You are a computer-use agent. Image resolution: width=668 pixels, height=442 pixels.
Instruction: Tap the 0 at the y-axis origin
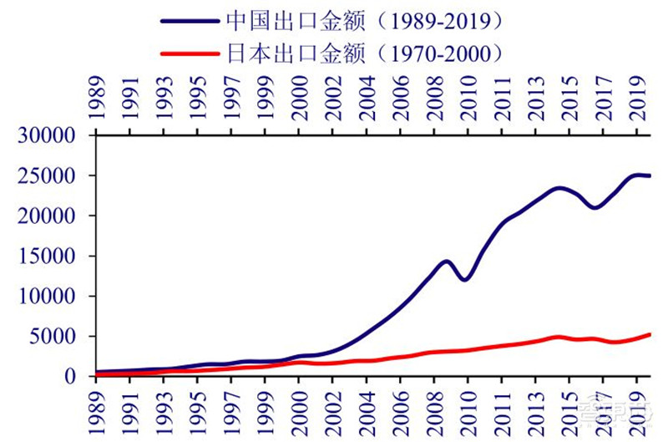[79, 377]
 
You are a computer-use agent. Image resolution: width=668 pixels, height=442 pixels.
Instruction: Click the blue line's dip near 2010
[465, 279]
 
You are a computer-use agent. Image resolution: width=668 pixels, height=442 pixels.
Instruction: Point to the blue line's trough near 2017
[595, 207]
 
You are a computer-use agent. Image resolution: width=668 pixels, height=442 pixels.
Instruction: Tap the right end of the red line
[650, 334]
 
